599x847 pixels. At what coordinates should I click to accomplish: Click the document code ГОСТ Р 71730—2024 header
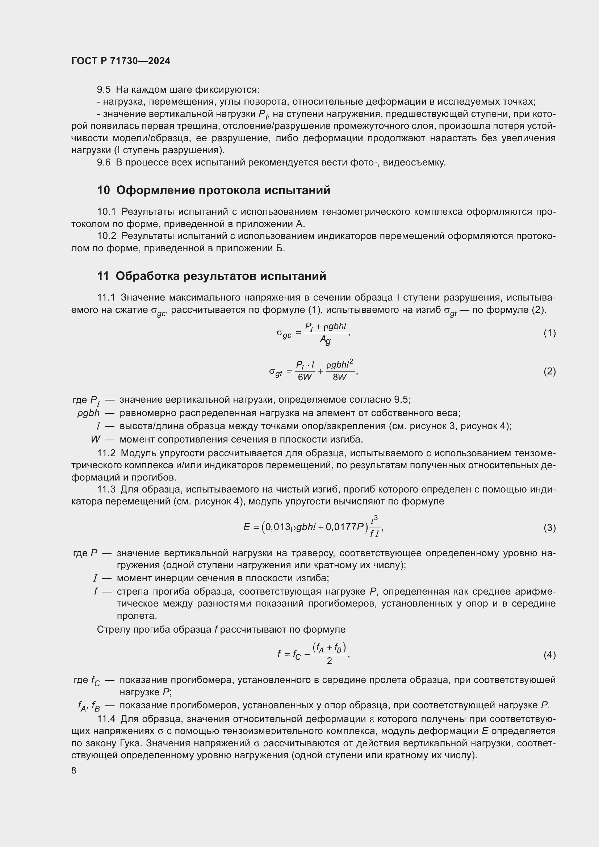pos(121,61)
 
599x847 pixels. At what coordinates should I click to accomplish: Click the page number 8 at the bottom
pos(74,771)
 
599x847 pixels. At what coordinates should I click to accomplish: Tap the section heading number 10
pos(104,190)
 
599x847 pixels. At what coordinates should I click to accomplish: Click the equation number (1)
pos(549,333)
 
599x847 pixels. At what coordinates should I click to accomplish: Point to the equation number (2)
pos(549,372)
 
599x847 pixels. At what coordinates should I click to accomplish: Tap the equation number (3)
pos(549,528)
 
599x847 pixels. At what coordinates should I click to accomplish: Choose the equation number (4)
pos(549,655)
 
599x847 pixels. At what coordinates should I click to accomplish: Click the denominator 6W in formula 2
pos(305,377)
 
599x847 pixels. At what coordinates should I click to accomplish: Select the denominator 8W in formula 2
pos(340,377)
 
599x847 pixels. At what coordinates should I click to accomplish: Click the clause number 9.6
pos(104,163)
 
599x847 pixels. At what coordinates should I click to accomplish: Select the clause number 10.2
pos(106,236)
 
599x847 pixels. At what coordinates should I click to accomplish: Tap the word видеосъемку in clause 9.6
pos(414,163)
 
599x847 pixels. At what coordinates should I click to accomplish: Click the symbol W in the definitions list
pos(95,439)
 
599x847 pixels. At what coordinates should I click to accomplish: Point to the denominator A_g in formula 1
pos(325,340)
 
